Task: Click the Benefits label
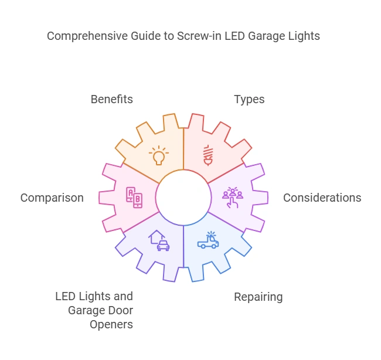111,99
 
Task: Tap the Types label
249,99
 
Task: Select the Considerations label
322,198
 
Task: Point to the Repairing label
258,297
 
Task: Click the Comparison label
52,198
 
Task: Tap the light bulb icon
158,155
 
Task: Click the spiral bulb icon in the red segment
207,155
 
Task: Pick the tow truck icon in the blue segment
208,240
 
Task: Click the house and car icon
159,240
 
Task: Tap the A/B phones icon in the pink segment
134,198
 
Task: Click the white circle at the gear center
183,198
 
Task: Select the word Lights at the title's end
305,36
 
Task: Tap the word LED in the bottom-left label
66,296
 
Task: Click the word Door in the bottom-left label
120,310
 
